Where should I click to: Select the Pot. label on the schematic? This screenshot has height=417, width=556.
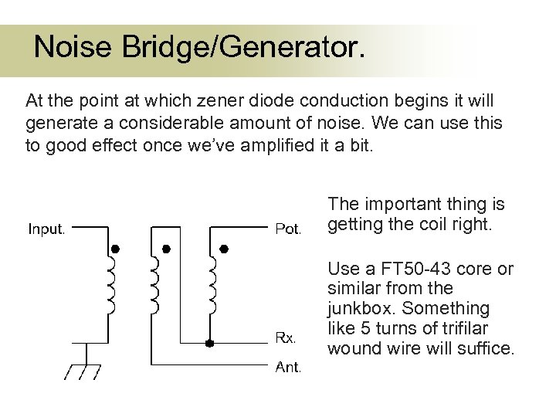coord(288,229)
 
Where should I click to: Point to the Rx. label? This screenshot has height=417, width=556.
coord(286,337)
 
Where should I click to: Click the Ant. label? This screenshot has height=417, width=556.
coord(288,368)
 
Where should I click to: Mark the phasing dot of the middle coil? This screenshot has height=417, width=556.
coord(164,249)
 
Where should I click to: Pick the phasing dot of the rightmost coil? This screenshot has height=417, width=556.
coord(224,249)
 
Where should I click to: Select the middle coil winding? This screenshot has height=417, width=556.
coord(158,285)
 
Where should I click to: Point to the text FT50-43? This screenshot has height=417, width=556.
coord(411,269)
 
